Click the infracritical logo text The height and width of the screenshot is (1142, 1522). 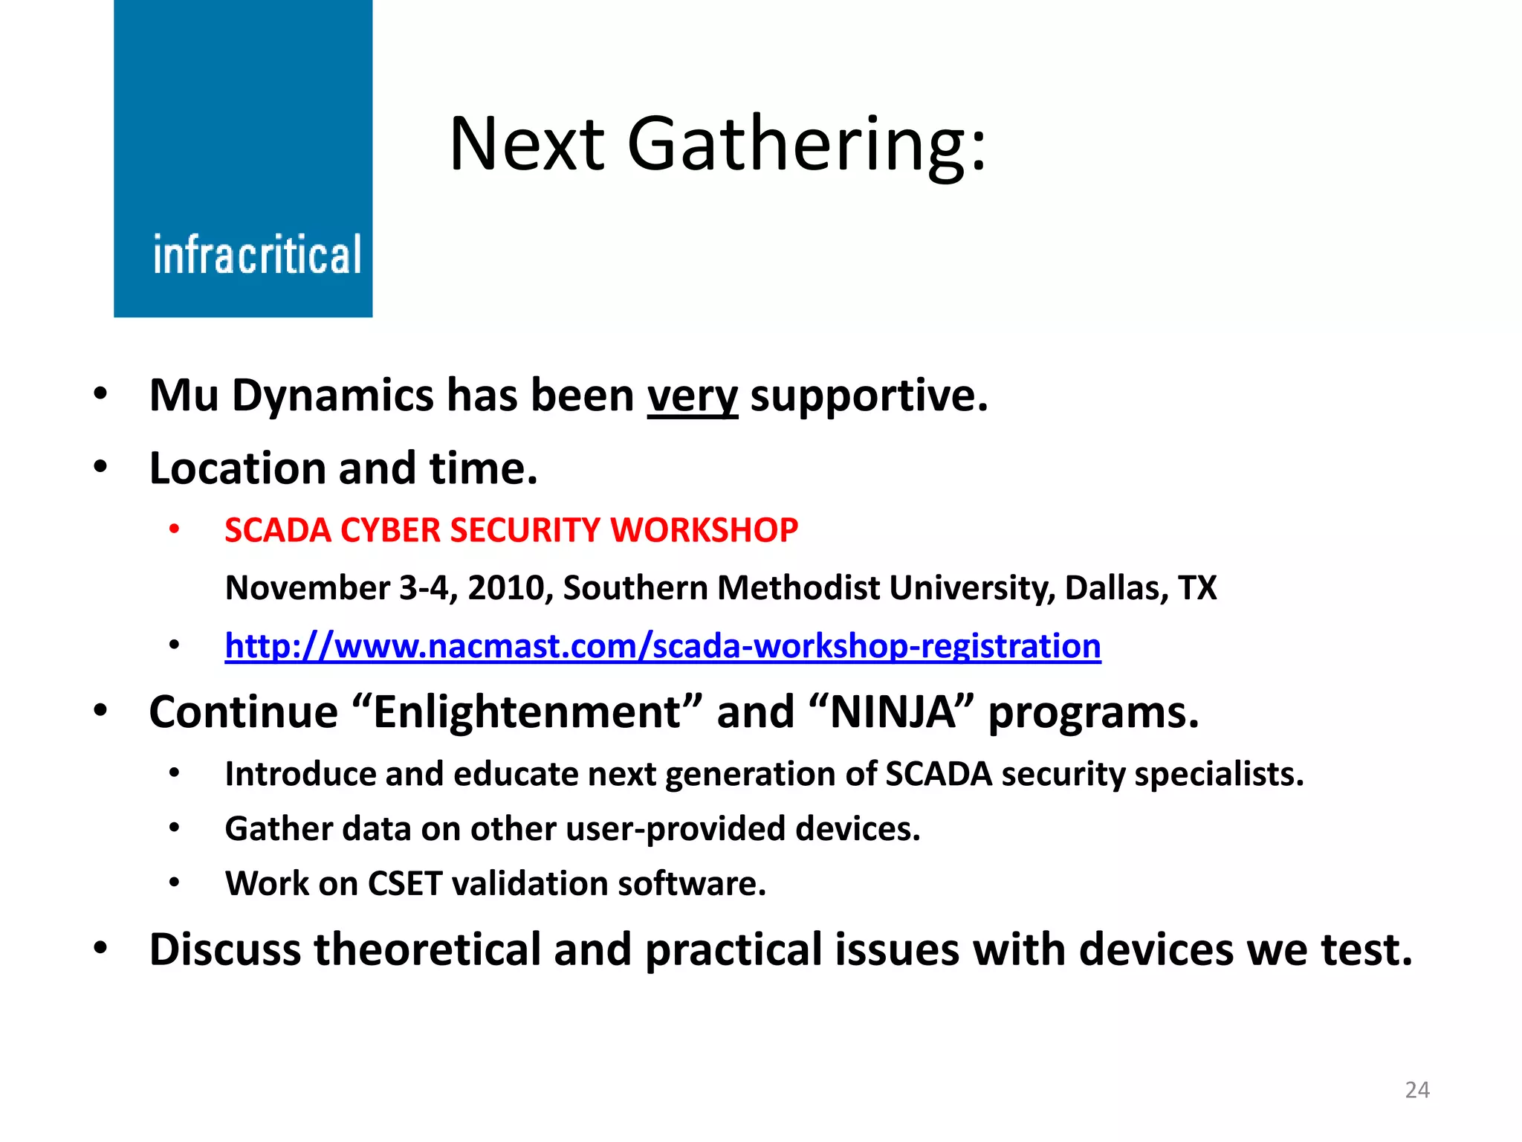tap(257, 254)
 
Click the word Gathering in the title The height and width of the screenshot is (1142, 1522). tap(806, 144)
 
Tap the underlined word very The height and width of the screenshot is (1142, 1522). tap(692, 396)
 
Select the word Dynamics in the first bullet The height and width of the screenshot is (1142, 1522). tap(333, 396)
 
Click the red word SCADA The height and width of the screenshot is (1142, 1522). tap(277, 530)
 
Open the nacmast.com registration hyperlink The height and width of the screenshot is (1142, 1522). tap(662, 645)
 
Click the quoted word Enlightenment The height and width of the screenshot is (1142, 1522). tap(527, 712)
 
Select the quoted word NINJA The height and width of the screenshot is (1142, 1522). tap(892, 712)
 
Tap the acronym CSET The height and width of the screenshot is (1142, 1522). tap(405, 884)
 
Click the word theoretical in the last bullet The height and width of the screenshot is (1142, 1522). tap(427, 949)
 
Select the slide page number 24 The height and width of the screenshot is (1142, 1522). tap(1417, 1090)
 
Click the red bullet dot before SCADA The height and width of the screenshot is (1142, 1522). tap(174, 530)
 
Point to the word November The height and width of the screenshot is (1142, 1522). tap(307, 588)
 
